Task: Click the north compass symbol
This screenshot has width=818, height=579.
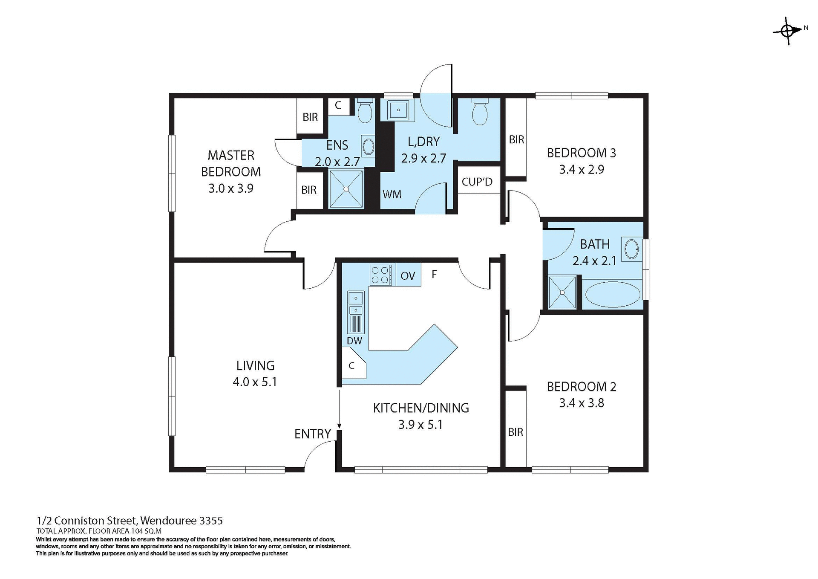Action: pos(787,31)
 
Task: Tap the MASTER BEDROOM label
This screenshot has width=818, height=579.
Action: pos(231,163)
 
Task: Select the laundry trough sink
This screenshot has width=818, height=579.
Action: pos(398,110)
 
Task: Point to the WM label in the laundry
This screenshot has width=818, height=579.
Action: pos(392,194)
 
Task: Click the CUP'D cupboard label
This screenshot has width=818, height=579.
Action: pos(477,182)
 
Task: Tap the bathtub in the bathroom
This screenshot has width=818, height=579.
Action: pos(612,295)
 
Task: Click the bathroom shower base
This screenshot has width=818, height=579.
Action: pos(562,292)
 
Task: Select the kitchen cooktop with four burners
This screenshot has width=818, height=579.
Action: pos(381,275)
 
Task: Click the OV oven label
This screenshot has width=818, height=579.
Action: pos(408,276)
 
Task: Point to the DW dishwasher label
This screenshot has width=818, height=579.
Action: pos(354,341)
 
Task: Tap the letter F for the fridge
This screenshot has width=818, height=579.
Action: pos(434,274)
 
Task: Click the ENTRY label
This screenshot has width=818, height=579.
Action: pos(312,434)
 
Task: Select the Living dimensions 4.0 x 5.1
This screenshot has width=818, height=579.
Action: pos(255,382)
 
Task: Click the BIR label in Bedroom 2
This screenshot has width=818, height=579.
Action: pos(515,432)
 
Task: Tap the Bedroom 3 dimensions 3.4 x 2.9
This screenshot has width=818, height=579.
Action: pos(581,169)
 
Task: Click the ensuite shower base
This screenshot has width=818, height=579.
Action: pos(346,189)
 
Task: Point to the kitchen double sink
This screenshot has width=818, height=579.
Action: pos(355,304)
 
